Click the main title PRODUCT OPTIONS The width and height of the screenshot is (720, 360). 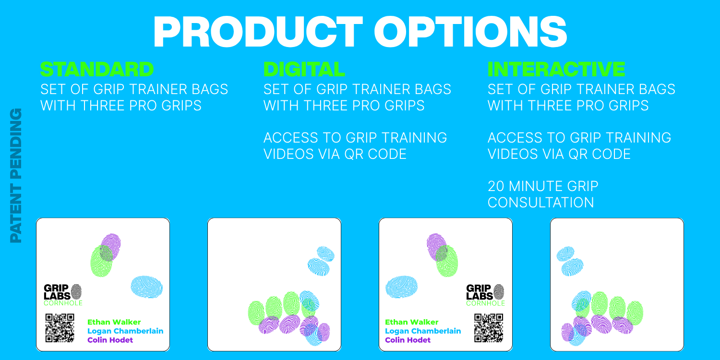tap(360, 32)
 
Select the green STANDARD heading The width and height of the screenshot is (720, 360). tap(97, 70)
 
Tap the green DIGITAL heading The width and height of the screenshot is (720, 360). tap(304, 70)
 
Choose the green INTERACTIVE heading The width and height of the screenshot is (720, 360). tap(556, 70)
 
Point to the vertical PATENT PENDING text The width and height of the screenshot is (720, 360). tap(16, 176)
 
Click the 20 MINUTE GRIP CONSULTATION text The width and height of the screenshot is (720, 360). tap(543, 194)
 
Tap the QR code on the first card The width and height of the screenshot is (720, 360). tap(60, 328)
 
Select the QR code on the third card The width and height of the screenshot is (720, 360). tap(489, 328)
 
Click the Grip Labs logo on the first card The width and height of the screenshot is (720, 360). tap(63, 295)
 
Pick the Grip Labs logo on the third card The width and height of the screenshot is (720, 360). tap(485, 295)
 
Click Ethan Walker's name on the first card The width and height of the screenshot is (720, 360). tap(114, 322)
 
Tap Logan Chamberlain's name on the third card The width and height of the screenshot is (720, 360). tap(423, 331)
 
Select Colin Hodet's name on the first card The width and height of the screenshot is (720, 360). tap(110, 340)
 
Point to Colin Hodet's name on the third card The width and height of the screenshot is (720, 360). tap(408, 340)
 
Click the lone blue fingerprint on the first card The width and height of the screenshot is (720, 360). tap(146, 287)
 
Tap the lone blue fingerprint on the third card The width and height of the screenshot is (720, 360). tap(401, 287)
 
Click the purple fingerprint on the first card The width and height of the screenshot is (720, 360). tap(110, 247)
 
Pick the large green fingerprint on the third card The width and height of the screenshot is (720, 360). tap(447, 261)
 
